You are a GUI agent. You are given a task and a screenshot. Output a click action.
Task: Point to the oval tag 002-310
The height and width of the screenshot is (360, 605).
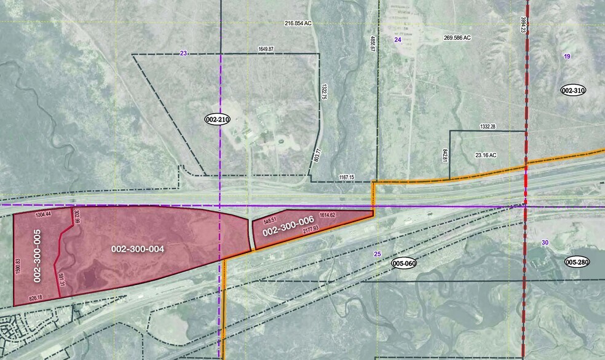[573, 90]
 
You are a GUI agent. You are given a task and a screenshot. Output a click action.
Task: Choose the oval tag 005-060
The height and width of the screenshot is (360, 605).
[405, 263]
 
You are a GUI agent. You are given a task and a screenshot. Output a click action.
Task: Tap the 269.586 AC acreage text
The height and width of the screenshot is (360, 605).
[457, 37]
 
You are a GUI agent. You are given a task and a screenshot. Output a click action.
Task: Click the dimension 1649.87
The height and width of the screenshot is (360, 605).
[266, 49]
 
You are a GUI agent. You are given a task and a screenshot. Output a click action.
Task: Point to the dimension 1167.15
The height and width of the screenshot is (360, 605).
[346, 177]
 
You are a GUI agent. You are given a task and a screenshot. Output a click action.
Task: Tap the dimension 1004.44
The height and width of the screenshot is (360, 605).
[43, 214]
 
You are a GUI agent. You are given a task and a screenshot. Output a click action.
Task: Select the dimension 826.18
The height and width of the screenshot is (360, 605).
[36, 298]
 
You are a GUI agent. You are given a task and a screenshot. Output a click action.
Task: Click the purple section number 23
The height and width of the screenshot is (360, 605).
[183, 53]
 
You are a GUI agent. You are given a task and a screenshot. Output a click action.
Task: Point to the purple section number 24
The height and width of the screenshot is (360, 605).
[397, 39]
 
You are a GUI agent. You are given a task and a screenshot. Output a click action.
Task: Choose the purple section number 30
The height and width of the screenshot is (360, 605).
[544, 243]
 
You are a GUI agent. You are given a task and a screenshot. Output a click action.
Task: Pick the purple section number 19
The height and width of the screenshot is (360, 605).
[567, 57]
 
